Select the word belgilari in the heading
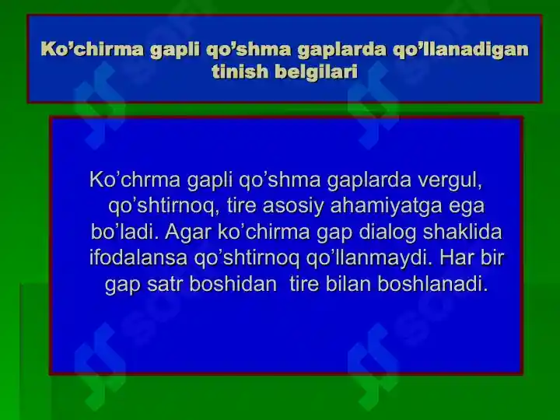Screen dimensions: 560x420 317,72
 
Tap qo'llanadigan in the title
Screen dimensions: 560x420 460,49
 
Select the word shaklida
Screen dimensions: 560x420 462,232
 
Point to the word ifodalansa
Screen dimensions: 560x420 138,257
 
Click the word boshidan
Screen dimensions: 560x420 233,284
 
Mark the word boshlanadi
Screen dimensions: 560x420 432,284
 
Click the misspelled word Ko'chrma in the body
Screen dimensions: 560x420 135,180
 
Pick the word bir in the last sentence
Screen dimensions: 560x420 492,257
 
